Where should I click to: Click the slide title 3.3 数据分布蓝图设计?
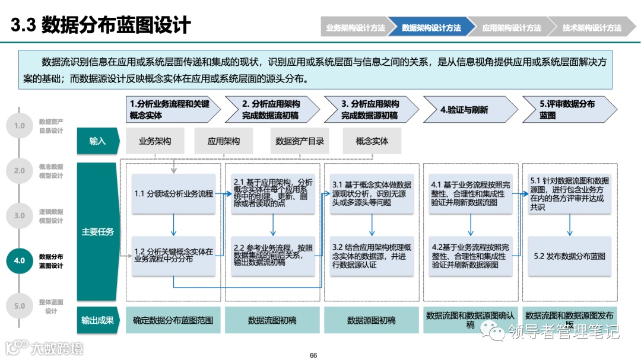pyautogui.click(x=101, y=26)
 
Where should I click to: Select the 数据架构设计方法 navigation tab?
pyautogui.click(x=431, y=28)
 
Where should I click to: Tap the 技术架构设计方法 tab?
pyautogui.click(x=591, y=28)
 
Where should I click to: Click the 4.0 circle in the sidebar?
pyautogui.click(x=20, y=260)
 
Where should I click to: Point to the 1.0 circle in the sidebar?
pyautogui.click(x=20, y=126)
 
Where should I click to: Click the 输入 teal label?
pyautogui.click(x=97, y=141)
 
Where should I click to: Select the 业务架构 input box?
pyautogui.click(x=155, y=141)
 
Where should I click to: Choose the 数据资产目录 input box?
pyautogui.click(x=300, y=141)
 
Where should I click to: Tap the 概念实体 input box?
pyautogui.click(x=372, y=141)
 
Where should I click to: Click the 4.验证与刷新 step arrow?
pyautogui.click(x=469, y=110)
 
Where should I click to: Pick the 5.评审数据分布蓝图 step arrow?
pyautogui.click(x=567, y=110)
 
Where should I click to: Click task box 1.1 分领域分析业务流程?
pyautogui.click(x=174, y=193)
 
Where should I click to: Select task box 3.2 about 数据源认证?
pyautogui.click(x=371, y=256)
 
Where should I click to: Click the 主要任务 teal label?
pyautogui.click(x=97, y=232)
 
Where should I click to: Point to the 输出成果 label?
pyautogui.click(x=97, y=320)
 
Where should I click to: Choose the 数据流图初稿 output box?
pyautogui.click(x=272, y=320)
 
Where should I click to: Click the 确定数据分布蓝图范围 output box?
pyautogui.click(x=173, y=320)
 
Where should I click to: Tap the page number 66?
pyautogui.click(x=313, y=355)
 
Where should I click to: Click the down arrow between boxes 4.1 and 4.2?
pyautogui.click(x=471, y=225)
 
